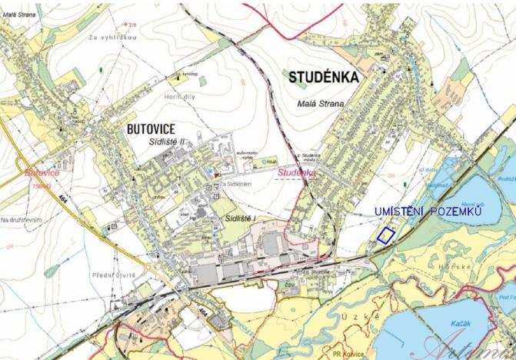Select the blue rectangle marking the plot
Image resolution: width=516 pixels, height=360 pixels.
[x=385, y=235]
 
